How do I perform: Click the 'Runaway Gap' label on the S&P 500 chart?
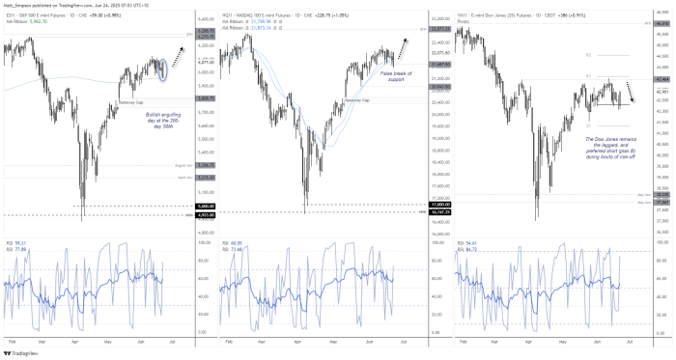point(131,101)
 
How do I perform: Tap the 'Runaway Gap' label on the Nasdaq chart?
point(357,99)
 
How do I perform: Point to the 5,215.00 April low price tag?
point(205,177)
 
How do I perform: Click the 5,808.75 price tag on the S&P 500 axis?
point(205,97)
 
